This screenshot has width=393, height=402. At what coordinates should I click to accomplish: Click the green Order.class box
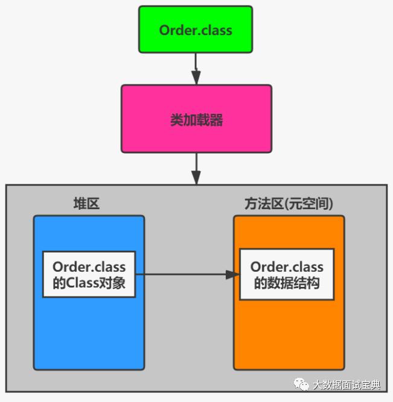(x=196, y=30)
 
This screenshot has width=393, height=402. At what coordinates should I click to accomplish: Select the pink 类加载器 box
(x=196, y=119)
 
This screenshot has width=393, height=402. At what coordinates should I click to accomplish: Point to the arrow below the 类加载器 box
(x=196, y=168)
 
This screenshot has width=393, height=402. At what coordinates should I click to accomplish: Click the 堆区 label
(x=86, y=204)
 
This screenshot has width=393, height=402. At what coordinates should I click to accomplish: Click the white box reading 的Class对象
(x=89, y=275)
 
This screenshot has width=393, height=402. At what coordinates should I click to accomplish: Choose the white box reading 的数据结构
(x=287, y=275)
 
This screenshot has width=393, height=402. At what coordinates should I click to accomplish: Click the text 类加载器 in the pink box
(x=196, y=120)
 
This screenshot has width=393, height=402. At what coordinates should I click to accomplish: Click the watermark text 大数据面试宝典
(x=347, y=385)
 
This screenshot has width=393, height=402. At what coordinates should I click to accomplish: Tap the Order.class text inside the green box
(x=196, y=30)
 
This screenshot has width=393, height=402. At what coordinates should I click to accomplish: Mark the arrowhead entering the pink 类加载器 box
(x=196, y=78)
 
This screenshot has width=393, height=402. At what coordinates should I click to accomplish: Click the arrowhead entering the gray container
(x=196, y=178)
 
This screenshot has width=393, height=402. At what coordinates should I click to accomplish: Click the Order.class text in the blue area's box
(x=89, y=267)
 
